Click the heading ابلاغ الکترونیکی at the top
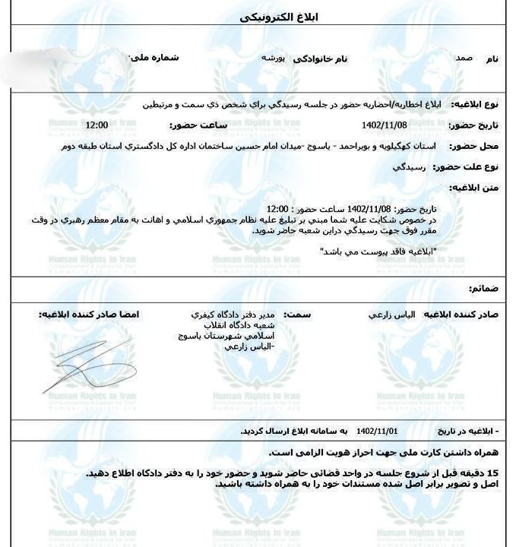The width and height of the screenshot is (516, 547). tap(258, 16)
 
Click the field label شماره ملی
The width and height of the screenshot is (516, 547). tap(154, 57)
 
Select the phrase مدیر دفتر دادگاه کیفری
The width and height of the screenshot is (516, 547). tap(235, 314)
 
